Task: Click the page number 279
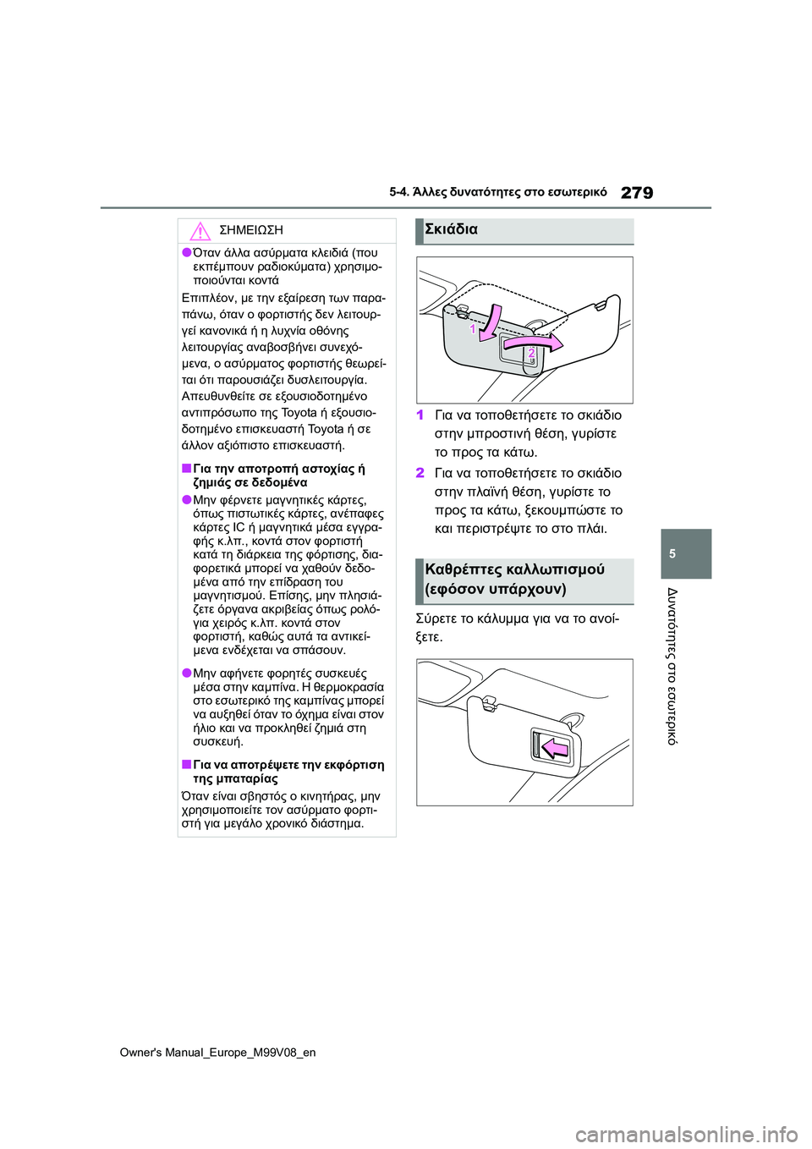click(x=636, y=193)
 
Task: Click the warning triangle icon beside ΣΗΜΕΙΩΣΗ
click(x=200, y=230)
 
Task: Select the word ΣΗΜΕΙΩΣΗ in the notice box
click(x=250, y=230)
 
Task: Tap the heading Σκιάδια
click(x=451, y=229)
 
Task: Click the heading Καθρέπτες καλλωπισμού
click(x=514, y=569)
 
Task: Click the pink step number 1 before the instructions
click(x=420, y=415)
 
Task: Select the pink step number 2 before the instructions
click(x=420, y=474)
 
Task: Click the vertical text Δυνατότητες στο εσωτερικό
click(x=672, y=666)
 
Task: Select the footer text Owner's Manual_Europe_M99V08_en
click(x=217, y=1053)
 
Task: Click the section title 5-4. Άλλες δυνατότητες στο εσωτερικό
click(x=497, y=192)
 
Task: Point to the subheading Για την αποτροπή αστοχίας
click(x=278, y=469)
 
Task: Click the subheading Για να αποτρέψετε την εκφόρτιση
click(x=288, y=765)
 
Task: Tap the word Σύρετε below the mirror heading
click(x=436, y=618)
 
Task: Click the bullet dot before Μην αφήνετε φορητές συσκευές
click(x=186, y=673)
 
